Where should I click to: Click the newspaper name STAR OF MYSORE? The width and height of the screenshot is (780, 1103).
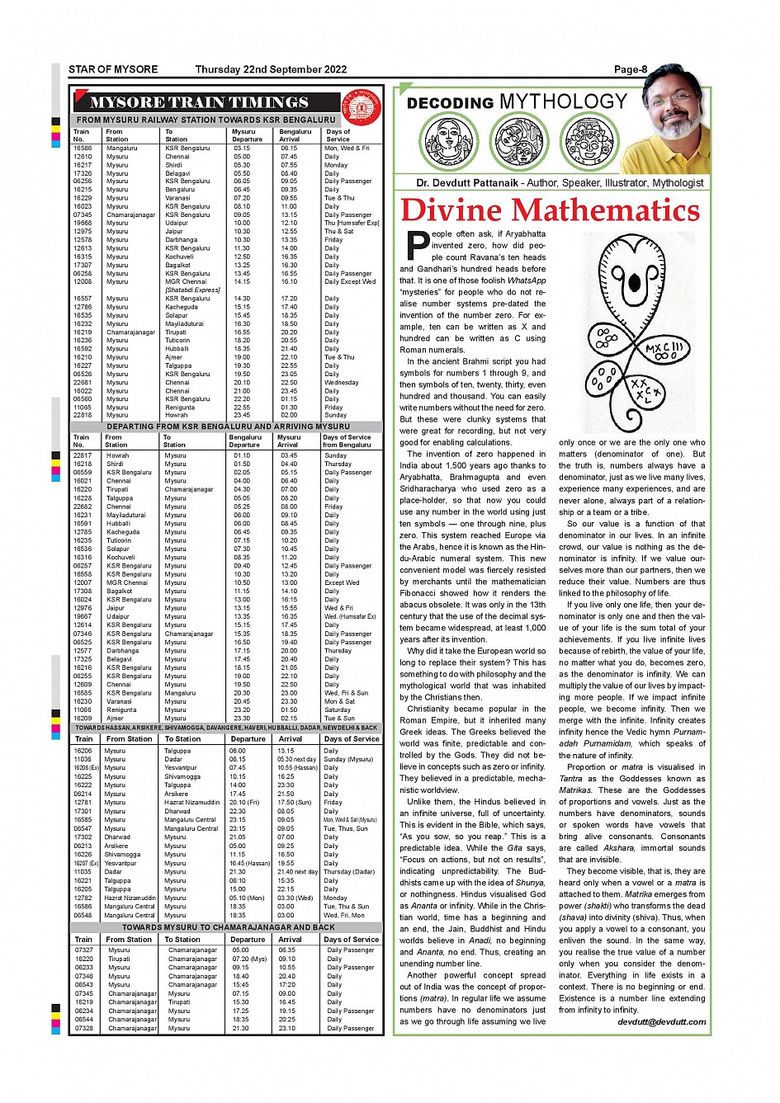pos(113,70)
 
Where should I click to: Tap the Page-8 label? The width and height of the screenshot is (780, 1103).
pos(631,70)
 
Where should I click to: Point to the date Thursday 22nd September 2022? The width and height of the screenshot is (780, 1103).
pos(271,70)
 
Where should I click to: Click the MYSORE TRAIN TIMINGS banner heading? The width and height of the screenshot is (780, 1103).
pos(199,103)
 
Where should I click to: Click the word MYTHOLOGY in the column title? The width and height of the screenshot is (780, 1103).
pos(564,101)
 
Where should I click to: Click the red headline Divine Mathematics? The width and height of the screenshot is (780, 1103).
pos(551,210)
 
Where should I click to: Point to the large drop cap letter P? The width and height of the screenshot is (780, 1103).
pos(418,245)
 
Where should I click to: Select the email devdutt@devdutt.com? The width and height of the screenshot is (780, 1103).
pos(662,1022)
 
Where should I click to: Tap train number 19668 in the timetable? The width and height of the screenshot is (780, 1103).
pos(83,223)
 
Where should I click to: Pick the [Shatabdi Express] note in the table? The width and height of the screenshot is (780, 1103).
pos(192,290)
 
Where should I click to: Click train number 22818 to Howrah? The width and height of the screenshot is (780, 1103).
pos(83,416)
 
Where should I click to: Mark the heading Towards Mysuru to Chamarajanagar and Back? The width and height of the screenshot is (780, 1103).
pos(229,927)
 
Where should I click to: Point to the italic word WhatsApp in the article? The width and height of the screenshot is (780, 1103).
pos(527,280)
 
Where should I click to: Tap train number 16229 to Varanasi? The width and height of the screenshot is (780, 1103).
pos(83,198)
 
